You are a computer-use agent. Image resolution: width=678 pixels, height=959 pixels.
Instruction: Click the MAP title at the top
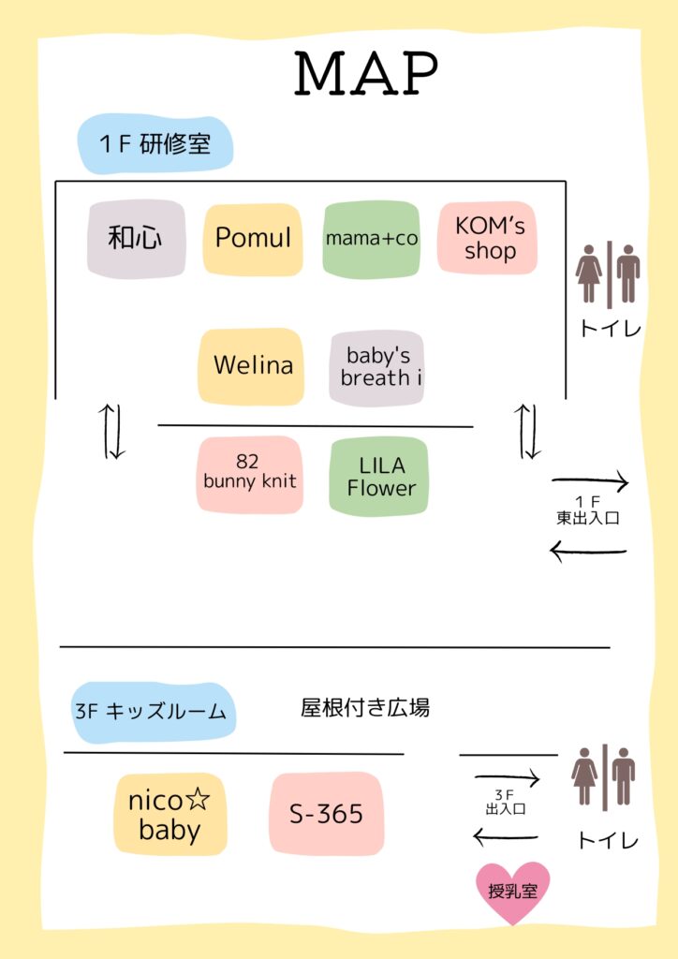(x=366, y=74)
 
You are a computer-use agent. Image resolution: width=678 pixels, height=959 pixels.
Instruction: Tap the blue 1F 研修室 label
(x=155, y=144)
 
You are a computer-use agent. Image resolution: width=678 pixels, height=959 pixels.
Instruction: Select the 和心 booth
(x=136, y=239)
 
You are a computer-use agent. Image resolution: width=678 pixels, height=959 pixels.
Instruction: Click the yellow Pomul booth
(x=253, y=239)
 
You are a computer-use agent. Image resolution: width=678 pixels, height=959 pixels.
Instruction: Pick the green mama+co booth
(x=371, y=239)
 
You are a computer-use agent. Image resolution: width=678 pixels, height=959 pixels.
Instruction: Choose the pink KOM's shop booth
(x=489, y=238)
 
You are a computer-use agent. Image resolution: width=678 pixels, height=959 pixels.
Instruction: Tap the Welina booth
(x=252, y=365)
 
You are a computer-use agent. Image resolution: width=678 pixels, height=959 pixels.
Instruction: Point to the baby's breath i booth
(x=376, y=367)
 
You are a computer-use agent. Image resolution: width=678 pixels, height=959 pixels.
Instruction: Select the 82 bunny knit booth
(x=249, y=473)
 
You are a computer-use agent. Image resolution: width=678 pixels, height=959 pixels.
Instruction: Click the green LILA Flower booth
(x=379, y=476)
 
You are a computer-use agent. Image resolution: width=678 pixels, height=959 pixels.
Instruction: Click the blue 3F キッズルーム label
(x=153, y=712)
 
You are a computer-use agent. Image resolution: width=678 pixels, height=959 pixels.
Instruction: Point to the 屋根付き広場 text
(x=365, y=708)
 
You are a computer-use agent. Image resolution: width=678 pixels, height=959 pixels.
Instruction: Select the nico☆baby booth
(x=169, y=815)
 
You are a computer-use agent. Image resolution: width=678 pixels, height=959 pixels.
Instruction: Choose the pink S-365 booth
(x=325, y=814)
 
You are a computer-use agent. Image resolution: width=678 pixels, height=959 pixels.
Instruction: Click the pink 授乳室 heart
(x=512, y=891)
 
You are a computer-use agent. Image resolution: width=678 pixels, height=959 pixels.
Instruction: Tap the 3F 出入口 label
(x=506, y=802)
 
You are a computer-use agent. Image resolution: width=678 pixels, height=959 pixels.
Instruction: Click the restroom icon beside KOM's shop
(x=608, y=274)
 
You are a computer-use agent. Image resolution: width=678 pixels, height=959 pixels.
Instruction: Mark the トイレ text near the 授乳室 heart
(x=607, y=841)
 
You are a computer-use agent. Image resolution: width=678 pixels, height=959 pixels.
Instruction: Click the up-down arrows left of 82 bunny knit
(x=114, y=431)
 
